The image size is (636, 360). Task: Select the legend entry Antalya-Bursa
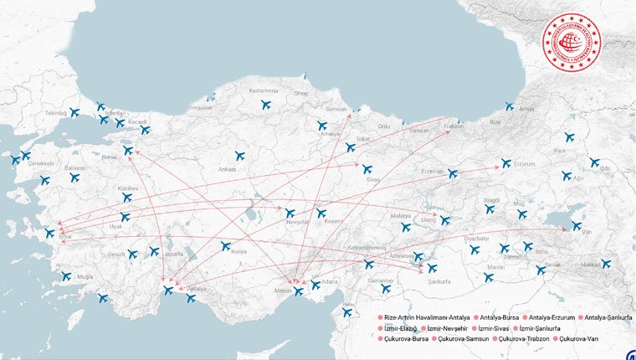coord(496,318)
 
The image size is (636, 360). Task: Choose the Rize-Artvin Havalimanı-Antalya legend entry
coord(424,318)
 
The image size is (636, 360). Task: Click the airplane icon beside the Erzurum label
coord(505,163)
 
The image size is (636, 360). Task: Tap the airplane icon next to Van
coord(577,225)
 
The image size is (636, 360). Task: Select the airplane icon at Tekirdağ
coord(74,112)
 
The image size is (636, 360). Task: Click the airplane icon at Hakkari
coord(606,264)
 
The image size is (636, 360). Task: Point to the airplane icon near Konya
coord(225,246)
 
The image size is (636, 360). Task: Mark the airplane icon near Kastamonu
coord(265,105)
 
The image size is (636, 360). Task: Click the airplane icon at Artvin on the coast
coord(509,107)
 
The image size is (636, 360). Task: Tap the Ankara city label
coord(227,169)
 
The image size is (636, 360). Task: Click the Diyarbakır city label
coord(476,239)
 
